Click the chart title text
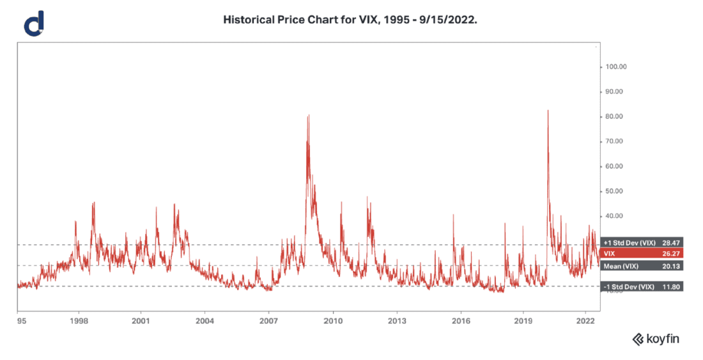point(350,20)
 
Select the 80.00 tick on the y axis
point(616,116)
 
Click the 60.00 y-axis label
point(616,166)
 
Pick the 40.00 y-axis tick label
point(616,216)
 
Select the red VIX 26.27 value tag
point(642,254)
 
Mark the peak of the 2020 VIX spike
point(548,111)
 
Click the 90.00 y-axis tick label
point(616,91)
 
